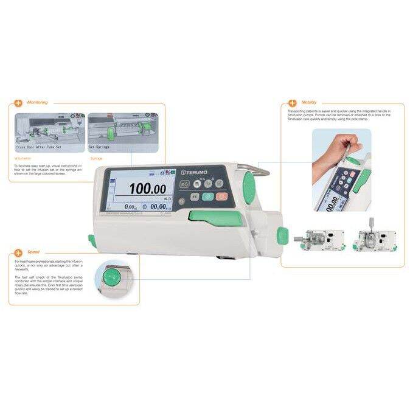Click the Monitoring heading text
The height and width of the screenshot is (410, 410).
(x=38, y=102)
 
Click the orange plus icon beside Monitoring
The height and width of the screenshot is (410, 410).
(x=19, y=102)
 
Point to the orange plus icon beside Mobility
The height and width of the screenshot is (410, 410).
(x=293, y=103)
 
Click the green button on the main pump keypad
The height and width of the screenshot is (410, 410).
(x=207, y=196)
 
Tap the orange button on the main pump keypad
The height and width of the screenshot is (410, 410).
(x=221, y=196)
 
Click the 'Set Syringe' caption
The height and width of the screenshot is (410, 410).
(x=100, y=147)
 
